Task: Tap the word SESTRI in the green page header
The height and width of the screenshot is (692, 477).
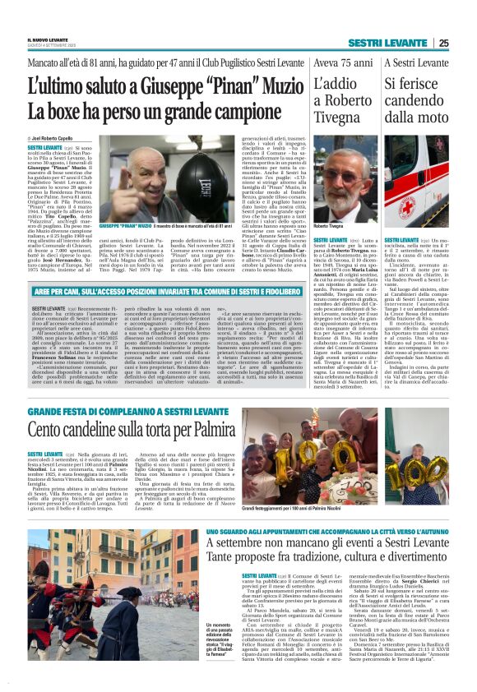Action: point(368,43)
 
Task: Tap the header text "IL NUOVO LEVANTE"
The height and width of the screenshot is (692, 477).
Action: point(47,40)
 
